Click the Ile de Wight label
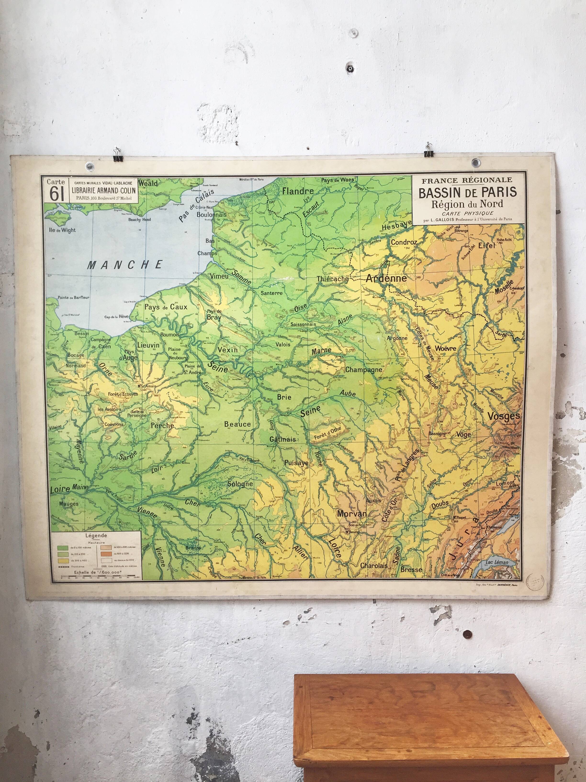(62, 230)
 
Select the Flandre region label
(298, 191)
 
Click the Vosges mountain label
(504, 416)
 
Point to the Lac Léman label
(497, 562)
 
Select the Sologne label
(240, 484)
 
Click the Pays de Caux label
(166, 307)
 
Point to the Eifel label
(486, 246)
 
